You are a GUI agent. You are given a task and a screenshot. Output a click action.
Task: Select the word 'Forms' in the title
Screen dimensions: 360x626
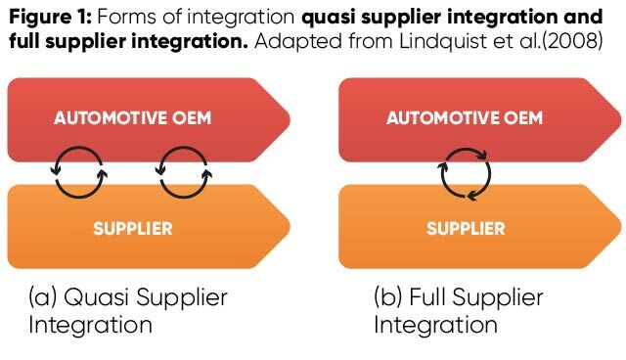(x=119, y=19)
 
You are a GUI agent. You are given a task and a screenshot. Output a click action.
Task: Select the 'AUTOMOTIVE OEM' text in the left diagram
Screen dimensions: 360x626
(x=133, y=118)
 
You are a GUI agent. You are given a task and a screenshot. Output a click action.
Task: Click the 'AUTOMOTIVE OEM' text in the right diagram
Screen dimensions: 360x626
(x=465, y=118)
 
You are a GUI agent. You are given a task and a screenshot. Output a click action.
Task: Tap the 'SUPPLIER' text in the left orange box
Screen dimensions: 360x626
(x=133, y=229)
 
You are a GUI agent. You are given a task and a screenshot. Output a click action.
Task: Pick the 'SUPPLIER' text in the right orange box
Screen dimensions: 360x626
(x=466, y=229)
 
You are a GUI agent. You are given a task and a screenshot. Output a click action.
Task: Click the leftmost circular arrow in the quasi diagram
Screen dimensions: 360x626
(x=79, y=173)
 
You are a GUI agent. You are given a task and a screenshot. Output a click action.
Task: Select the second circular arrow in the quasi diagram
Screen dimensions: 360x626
(x=185, y=173)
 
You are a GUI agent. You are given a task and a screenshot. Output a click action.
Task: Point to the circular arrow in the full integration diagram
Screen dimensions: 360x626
(x=464, y=174)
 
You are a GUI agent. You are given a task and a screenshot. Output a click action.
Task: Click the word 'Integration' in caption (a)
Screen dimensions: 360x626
(x=90, y=325)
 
